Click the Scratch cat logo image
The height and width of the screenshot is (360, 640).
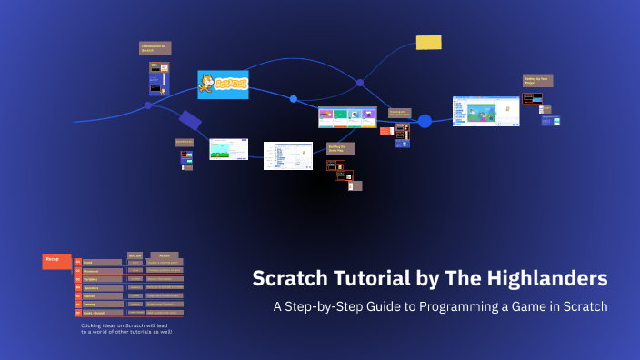[223, 85]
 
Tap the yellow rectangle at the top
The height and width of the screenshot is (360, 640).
[428, 43]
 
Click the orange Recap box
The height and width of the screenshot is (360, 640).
[56, 262]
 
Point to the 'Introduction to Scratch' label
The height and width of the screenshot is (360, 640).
[155, 48]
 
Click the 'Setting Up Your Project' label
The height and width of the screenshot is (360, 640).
[537, 81]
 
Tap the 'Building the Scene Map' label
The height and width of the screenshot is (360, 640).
[340, 147]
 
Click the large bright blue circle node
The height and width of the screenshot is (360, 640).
[425, 121]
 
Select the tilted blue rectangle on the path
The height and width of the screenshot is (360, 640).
[190, 119]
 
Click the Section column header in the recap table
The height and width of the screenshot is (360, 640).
[135, 255]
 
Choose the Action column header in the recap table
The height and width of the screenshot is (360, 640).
[165, 255]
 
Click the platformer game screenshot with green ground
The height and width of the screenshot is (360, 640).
[228, 149]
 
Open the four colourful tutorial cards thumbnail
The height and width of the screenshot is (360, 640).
[347, 117]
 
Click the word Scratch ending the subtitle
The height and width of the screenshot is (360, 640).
[586, 306]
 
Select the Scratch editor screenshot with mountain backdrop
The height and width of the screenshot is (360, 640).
[485, 111]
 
